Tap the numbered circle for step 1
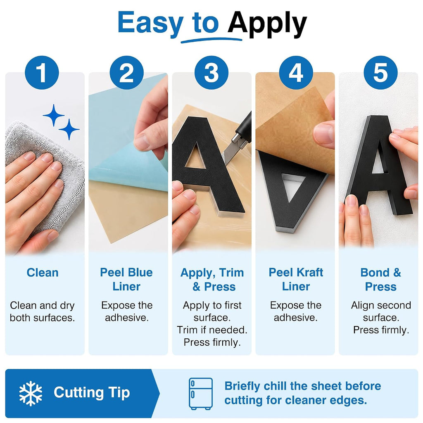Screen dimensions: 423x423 point(42,73)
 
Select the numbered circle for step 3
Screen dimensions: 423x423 point(211,73)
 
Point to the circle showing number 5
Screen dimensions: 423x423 point(380,73)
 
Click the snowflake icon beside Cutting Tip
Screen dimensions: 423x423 point(31,393)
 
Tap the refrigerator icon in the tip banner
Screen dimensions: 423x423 point(201,394)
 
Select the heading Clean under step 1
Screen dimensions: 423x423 point(43,273)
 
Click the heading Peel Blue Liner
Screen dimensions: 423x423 point(126,279)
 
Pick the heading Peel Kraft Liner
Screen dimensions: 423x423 point(296,279)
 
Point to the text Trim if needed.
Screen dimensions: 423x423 point(212,330)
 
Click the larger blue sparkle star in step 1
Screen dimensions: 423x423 point(54,115)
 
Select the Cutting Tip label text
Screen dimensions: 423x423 point(92,393)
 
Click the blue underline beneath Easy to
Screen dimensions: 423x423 point(211,40)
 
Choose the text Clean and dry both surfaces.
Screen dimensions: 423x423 point(43,311)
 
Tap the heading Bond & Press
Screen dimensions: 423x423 point(380,279)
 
